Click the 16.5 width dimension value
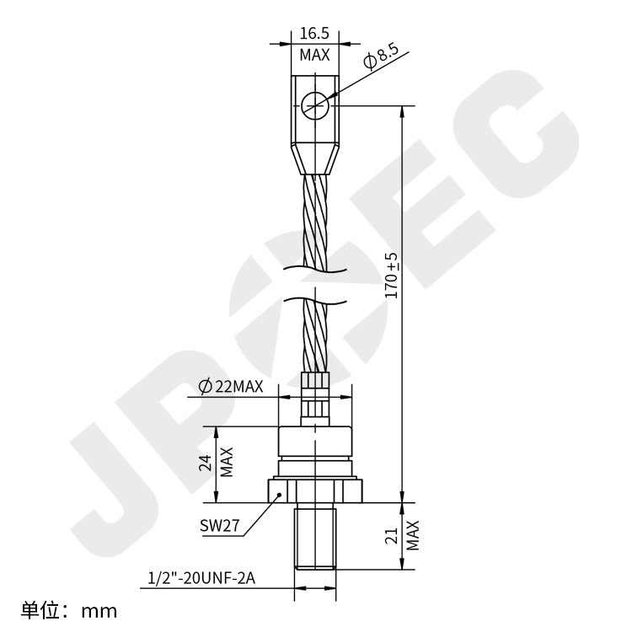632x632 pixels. pos(314,34)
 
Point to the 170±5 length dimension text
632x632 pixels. pos(391,275)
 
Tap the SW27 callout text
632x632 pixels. pos(221,526)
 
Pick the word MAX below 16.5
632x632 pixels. pos(314,55)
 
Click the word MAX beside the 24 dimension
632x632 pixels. pos(227,463)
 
